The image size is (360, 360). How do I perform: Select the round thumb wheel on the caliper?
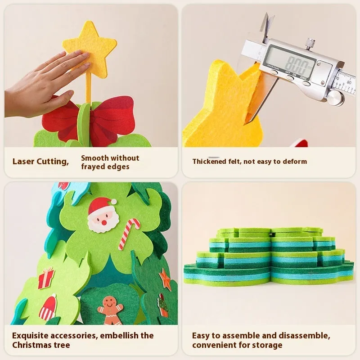tap(336, 98)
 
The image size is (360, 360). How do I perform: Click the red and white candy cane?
tap(129, 234)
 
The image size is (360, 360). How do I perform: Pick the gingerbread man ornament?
tap(110, 310)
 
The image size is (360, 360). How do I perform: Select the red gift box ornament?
tap(46, 278)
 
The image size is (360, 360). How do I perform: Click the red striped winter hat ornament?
tap(48, 307)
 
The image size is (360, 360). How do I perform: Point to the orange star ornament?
tap(165, 279)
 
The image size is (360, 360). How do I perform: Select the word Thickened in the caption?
tap(209, 162)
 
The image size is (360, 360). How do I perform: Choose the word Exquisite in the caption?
tap(30, 336)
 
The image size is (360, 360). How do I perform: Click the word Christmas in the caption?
tap(31, 345)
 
